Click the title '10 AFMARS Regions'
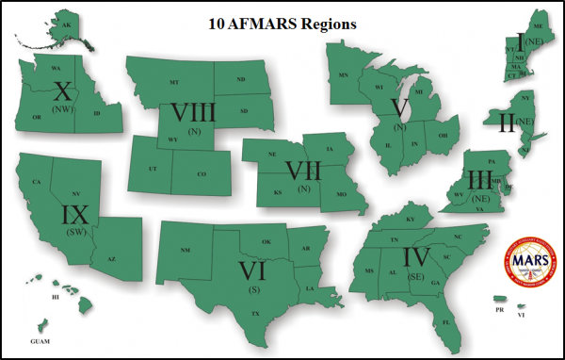pyautogui.click(x=282, y=24)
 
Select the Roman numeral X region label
pyautogui.click(x=64, y=92)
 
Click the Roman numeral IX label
pyautogui.click(x=74, y=215)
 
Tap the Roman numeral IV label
pyautogui.click(x=413, y=256)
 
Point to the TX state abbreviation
pyautogui.click(x=254, y=310)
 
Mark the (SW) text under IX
pyautogui.click(x=74, y=231)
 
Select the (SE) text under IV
pyautogui.click(x=413, y=275)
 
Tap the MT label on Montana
pyautogui.click(x=174, y=83)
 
